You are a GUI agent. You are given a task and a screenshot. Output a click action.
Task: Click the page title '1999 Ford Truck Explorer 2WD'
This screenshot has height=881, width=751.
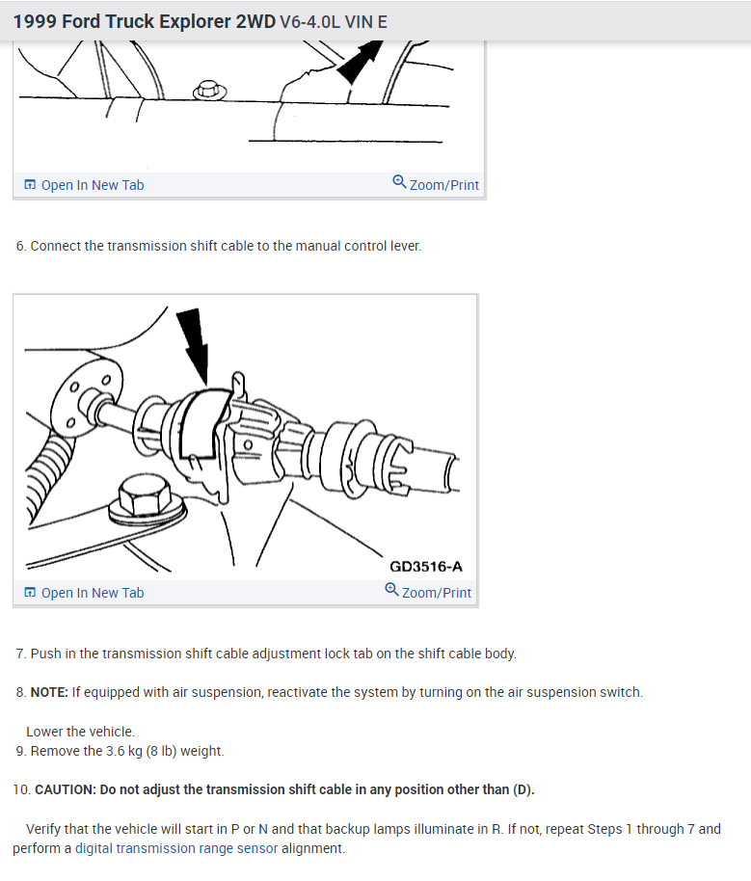click(x=145, y=21)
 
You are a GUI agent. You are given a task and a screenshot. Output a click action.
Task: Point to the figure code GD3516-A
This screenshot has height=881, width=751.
click(x=426, y=567)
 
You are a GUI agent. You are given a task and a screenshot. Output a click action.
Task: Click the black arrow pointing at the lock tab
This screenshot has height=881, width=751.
click(x=194, y=345)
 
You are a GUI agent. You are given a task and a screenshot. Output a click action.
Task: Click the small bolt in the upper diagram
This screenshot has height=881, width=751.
click(x=209, y=91)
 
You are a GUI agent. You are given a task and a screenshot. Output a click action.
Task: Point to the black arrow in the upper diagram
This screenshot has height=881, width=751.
click(x=360, y=61)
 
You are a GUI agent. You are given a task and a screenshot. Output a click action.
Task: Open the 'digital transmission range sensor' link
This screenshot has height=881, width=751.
click(x=176, y=848)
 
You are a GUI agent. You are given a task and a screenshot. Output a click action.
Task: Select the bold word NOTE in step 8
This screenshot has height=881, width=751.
click(x=49, y=692)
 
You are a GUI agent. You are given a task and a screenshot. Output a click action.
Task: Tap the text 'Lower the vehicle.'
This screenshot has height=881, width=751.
click(x=80, y=732)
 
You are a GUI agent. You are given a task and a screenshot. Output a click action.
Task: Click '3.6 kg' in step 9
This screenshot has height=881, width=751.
click(x=124, y=751)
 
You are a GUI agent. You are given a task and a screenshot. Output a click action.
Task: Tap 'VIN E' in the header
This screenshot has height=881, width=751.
click(x=365, y=22)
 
